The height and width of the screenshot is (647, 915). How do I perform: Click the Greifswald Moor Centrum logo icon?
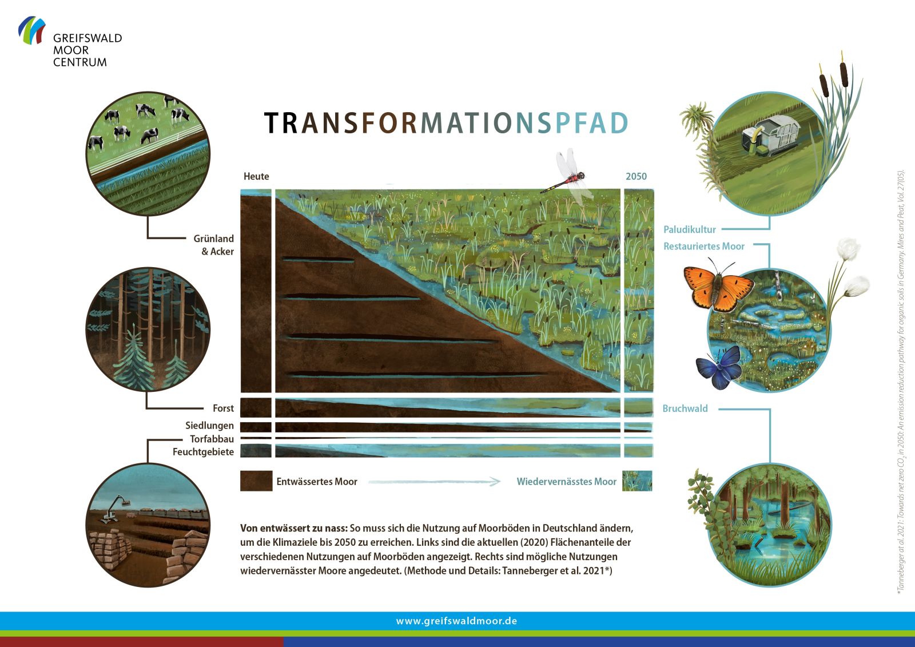click(31, 30)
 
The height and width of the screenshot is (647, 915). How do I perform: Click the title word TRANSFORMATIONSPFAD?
click(446, 123)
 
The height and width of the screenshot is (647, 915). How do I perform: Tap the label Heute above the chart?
click(256, 176)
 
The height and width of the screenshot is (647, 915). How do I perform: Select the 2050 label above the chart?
click(636, 176)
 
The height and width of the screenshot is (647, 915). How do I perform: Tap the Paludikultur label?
click(690, 229)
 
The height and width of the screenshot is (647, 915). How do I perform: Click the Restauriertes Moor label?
click(704, 246)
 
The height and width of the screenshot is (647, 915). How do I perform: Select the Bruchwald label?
click(685, 408)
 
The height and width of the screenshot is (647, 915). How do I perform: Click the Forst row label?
click(223, 408)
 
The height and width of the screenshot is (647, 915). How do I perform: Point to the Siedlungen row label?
click(209, 426)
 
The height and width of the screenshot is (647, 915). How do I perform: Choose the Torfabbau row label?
click(212, 439)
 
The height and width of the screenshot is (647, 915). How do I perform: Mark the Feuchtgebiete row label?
click(203, 452)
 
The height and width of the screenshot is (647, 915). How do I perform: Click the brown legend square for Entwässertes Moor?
click(256, 481)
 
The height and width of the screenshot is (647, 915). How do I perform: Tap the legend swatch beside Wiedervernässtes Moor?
click(637, 481)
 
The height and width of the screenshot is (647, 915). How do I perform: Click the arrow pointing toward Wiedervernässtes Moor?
click(434, 482)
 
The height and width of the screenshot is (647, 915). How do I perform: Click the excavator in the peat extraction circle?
click(114, 509)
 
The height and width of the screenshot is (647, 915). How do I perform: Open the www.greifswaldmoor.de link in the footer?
click(456, 621)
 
